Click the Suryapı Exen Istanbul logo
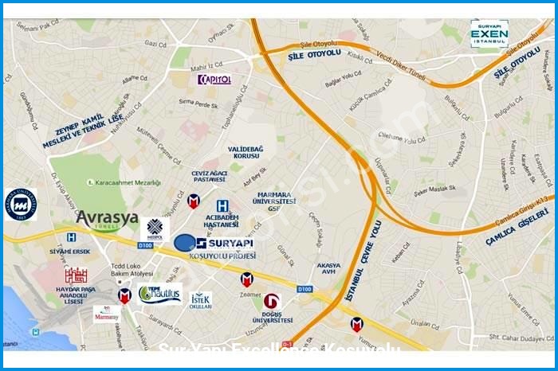[x=489, y=33]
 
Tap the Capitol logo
[x=214, y=79]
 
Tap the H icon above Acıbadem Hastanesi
[x=233, y=205]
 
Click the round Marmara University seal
[x=21, y=205]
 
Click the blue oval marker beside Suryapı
[x=184, y=242]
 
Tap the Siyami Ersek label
[x=69, y=252]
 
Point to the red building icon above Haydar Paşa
[x=76, y=275]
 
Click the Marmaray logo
[x=106, y=314]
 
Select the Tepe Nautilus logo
[x=159, y=294]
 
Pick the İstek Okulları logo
[x=201, y=300]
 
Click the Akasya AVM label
[x=328, y=269]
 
